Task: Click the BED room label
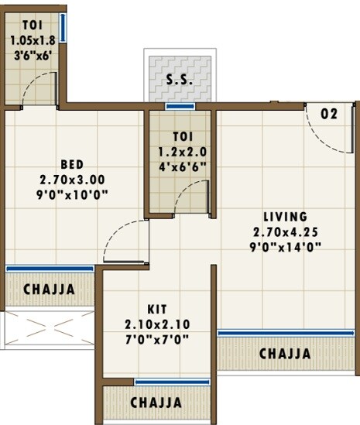72,164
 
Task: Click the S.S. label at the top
180,79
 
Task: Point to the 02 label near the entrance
329,114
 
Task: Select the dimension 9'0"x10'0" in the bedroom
73,195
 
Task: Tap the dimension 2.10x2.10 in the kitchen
157,324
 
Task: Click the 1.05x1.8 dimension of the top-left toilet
32,40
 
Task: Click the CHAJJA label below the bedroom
49,290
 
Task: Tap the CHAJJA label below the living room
285,354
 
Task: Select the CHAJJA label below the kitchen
156,403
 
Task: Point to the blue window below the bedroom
50,269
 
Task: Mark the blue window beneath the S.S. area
180,106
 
